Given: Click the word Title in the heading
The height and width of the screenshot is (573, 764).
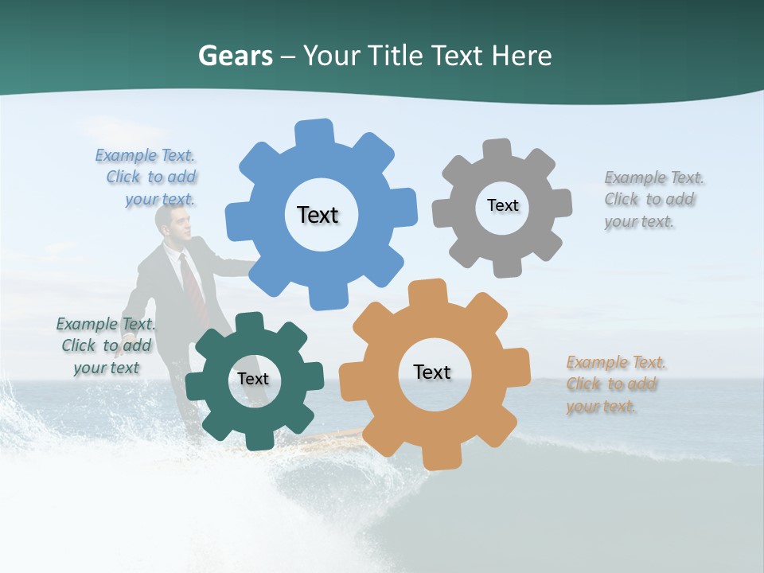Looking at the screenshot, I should (x=396, y=56).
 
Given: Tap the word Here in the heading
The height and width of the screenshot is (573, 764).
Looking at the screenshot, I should (x=521, y=56).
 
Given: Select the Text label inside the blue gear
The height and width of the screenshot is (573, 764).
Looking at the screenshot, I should (x=318, y=215).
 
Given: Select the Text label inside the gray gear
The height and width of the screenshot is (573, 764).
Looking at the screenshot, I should (x=502, y=205).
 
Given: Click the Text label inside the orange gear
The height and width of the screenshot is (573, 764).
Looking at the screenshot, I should (x=431, y=372).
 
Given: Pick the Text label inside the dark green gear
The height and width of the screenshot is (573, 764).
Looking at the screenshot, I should (x=252, y=379).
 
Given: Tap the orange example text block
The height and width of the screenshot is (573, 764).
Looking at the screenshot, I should (x=614, y=384).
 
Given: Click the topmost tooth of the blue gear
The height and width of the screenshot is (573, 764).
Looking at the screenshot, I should (x=314, y=132).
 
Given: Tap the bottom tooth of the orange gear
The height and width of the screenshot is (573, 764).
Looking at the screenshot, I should (x=440, y=457).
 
